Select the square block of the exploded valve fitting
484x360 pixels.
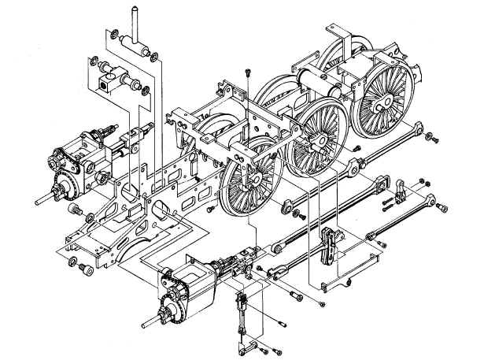tap(105, 82)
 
